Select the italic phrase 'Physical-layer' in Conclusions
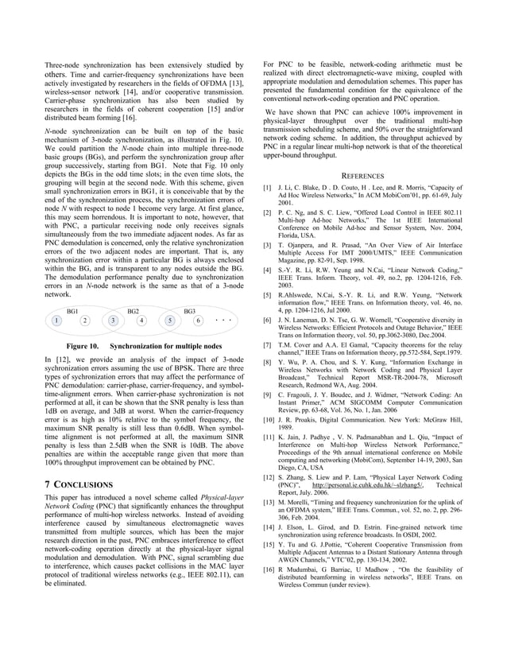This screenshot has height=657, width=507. (x=199, y=497)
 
